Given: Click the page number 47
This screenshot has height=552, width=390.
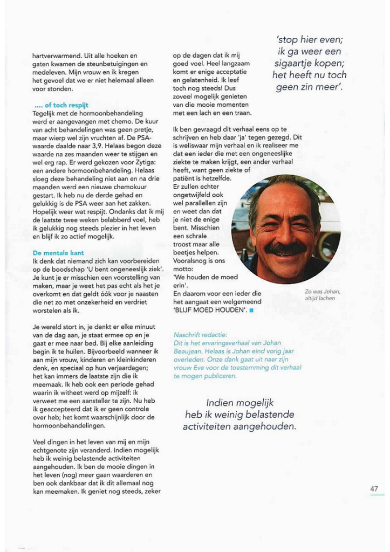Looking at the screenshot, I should click(374, 488).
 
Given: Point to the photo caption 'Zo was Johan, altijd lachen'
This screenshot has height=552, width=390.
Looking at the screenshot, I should click(323, 295).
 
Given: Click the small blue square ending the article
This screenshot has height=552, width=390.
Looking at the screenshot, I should click(251, 310).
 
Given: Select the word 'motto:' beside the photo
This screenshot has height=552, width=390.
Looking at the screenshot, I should click(184, 268).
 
